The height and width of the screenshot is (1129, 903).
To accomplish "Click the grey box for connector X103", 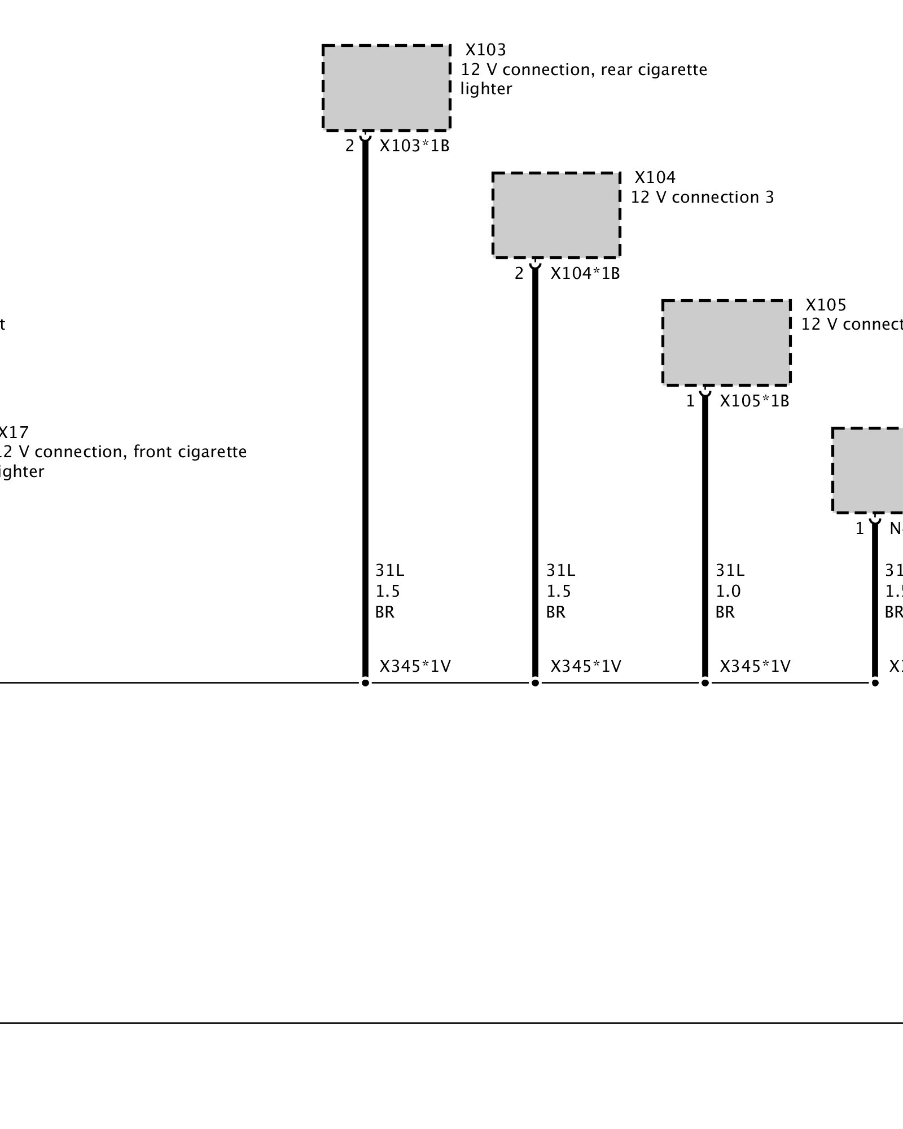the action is point(386,87).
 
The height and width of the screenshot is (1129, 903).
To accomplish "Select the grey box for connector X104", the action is point(556,215).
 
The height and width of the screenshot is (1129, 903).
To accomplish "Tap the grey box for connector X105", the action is point(726,343).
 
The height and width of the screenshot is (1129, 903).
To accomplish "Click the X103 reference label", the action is point(485,50).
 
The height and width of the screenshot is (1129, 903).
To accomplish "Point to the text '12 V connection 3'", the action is point(702,197).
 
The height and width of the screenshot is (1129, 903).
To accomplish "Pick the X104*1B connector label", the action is point(585,274).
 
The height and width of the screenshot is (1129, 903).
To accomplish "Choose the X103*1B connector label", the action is point(414,146).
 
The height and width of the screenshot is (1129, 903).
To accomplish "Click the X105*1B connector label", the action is point(755,401).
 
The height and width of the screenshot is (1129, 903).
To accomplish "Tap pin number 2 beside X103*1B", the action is point(350,146).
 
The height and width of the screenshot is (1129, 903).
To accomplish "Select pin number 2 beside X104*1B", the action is point(519,274).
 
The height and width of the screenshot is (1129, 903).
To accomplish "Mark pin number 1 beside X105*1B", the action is point(690,401).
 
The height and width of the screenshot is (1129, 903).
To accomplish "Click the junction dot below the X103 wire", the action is point(365,683).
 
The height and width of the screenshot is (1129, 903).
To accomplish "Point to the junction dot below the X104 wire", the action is point(535,683).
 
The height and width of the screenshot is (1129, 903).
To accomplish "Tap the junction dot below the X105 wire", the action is point(705,683).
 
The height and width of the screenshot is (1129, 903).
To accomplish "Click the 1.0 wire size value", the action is point(728,591).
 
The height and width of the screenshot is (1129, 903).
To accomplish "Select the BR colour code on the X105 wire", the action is point(725,612).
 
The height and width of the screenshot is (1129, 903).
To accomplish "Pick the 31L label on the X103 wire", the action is point(390,571).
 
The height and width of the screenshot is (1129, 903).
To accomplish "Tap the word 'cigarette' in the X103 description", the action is point(672,69).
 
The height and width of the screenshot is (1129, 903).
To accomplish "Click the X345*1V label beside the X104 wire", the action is point(585,667).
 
